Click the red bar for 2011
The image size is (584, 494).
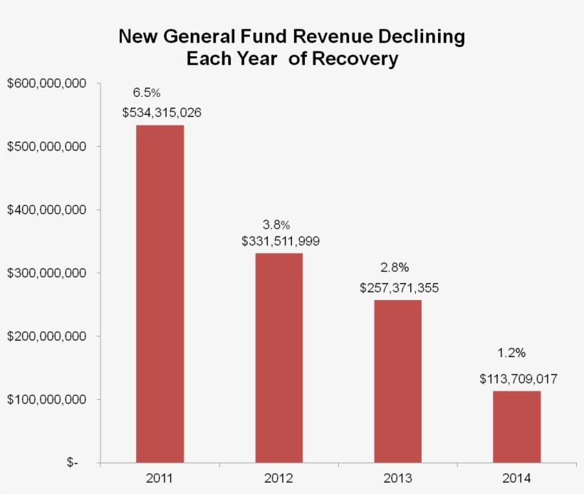tap(160, 293)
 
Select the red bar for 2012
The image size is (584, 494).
tap(279, 357)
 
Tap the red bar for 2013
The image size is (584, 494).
tap(398, 381)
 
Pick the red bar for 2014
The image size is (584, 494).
tap(517, 426)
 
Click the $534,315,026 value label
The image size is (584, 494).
tap(161, 113)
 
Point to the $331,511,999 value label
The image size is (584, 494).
tap(280, 241)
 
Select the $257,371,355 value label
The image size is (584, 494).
tap(399, 288)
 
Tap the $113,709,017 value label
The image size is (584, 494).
tap(518, 379)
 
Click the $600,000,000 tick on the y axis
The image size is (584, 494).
tap(46, 83)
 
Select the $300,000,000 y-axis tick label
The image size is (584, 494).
tap(46, 273)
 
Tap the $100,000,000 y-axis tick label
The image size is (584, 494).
tap(46, 399)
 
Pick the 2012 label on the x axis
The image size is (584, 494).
tap(279, 478)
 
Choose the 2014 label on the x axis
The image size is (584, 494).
tap(517, 478)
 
